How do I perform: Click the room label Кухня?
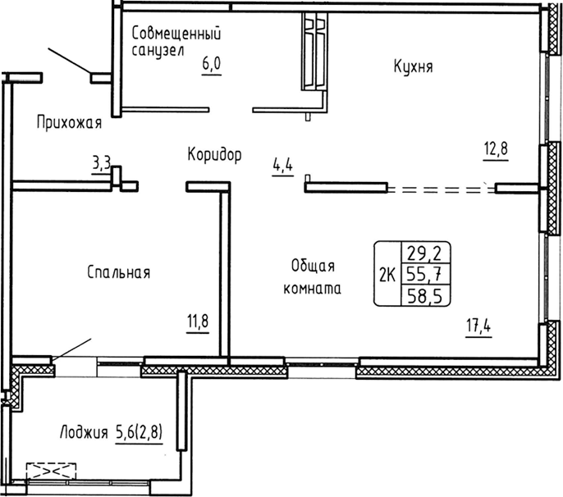[x=413, y=68]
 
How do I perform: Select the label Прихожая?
[x=69, y=123]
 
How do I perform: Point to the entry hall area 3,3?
[x=102, y=163]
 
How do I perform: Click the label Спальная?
[x=118, y=273]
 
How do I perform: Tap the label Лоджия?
[x=85, y=432]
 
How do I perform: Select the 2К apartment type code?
[x=387, y=275]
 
